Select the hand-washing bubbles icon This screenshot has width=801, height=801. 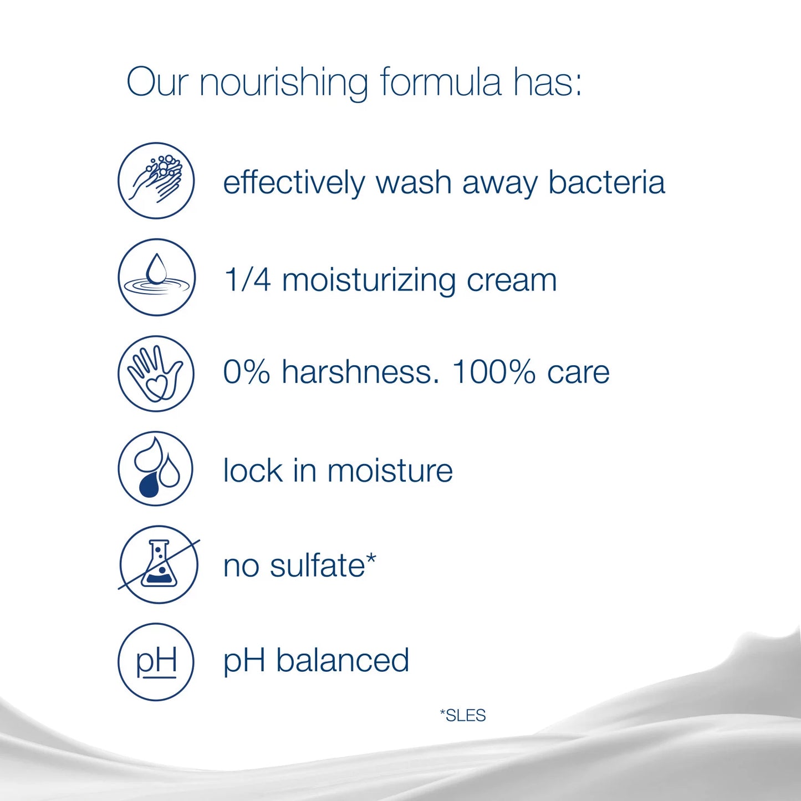(x=156, y=181)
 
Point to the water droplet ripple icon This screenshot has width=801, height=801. (x=156, y=277)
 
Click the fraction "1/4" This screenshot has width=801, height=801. (x=248, y=279)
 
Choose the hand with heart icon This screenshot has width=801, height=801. (x=156, y=373)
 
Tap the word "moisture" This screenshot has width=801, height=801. (x=390, y=471)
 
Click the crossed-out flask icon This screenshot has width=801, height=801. (x=158, y=565)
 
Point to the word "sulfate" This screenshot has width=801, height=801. (x=318, y=566)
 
